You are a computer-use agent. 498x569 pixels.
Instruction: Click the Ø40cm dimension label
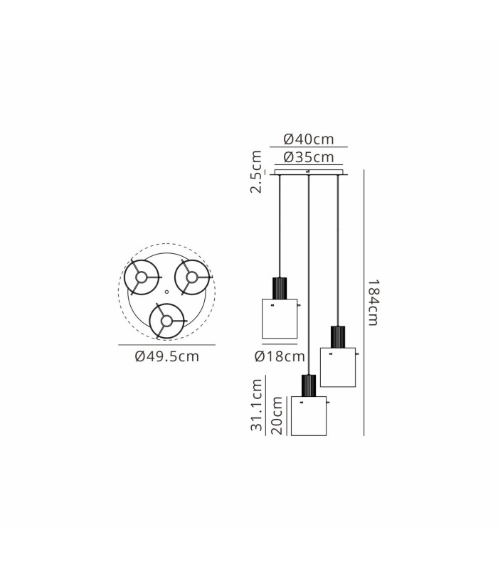(309, 139)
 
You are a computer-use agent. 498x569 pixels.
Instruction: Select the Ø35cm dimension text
(309, 157)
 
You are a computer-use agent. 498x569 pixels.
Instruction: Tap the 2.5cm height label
(256, 171)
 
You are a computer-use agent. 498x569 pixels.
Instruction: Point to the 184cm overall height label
(373, 303)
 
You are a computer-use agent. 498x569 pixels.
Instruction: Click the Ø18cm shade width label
(280, 356)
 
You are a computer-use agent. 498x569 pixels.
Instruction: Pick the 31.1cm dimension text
(256, 405)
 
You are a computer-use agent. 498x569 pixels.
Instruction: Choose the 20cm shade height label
(277, 415)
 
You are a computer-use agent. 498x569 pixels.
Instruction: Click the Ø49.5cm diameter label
(167, 356)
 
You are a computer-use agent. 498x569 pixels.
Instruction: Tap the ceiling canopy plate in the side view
(309, 172)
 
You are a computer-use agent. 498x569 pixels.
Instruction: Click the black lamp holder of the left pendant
(280, 289)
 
